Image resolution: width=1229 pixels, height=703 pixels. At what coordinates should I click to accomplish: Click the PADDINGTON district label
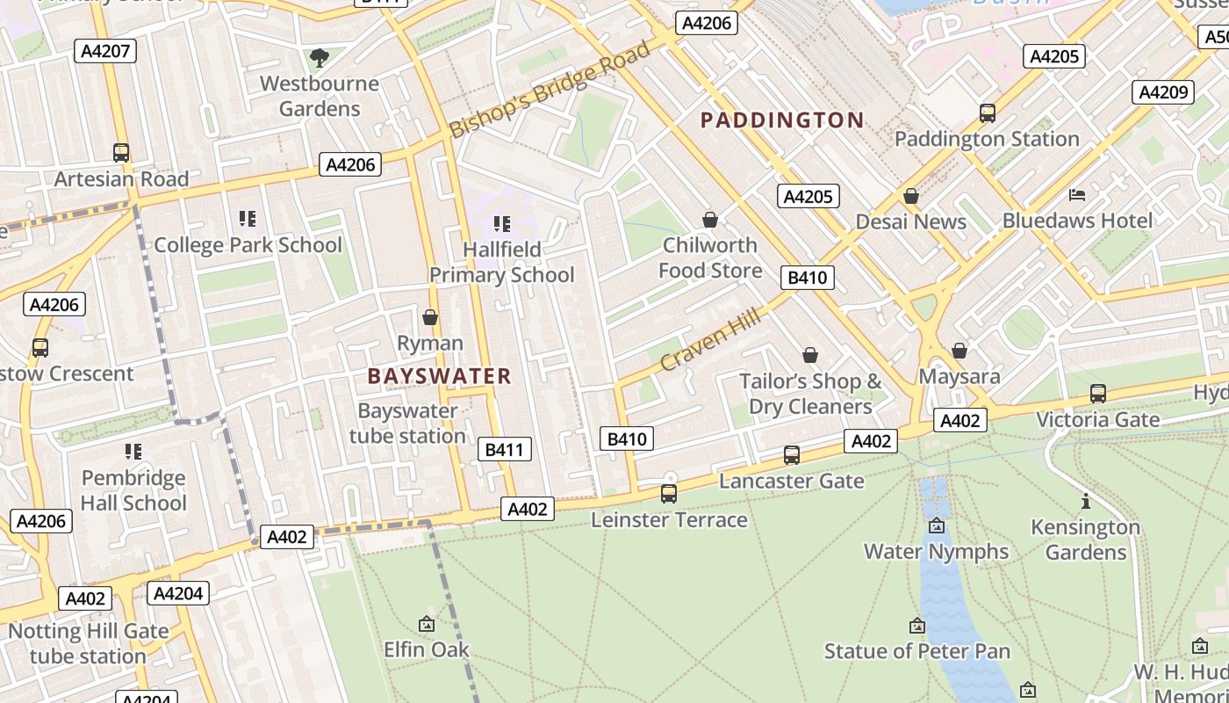point(782,120)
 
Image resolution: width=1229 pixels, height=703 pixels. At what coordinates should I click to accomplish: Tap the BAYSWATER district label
point(439,377)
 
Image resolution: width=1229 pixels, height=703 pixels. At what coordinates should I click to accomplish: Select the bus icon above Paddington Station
point(988,113)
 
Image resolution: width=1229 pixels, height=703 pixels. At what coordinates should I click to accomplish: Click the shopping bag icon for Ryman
point(430,317)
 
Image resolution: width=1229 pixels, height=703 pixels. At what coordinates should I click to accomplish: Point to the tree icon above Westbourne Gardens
point(320,58)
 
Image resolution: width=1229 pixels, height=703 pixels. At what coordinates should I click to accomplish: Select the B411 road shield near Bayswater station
point(505,450)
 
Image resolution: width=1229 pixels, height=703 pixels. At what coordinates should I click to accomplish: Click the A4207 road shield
point(105,51)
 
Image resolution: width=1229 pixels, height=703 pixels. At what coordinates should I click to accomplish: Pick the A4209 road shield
point(1162,92)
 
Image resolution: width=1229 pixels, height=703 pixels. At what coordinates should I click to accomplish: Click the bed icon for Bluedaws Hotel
point(1077,194)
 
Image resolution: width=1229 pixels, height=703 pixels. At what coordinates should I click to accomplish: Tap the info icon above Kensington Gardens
point(1086,502)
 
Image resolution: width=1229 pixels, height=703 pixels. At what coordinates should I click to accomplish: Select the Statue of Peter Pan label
point(916,651)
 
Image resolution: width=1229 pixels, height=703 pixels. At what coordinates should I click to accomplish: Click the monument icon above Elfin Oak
point(427,624)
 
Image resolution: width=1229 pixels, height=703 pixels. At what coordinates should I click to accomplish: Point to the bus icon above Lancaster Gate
point(792,455)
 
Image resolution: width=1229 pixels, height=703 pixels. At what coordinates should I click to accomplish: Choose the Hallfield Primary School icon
point(502,224)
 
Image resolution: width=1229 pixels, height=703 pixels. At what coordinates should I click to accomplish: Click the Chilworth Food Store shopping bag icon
point(710,220)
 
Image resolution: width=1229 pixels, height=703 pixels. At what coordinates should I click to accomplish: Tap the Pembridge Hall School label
point(133,490)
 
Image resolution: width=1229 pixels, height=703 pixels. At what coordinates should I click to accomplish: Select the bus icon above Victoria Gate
point(1098,394)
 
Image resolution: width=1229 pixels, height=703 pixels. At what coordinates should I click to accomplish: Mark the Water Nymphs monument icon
point(937,526)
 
